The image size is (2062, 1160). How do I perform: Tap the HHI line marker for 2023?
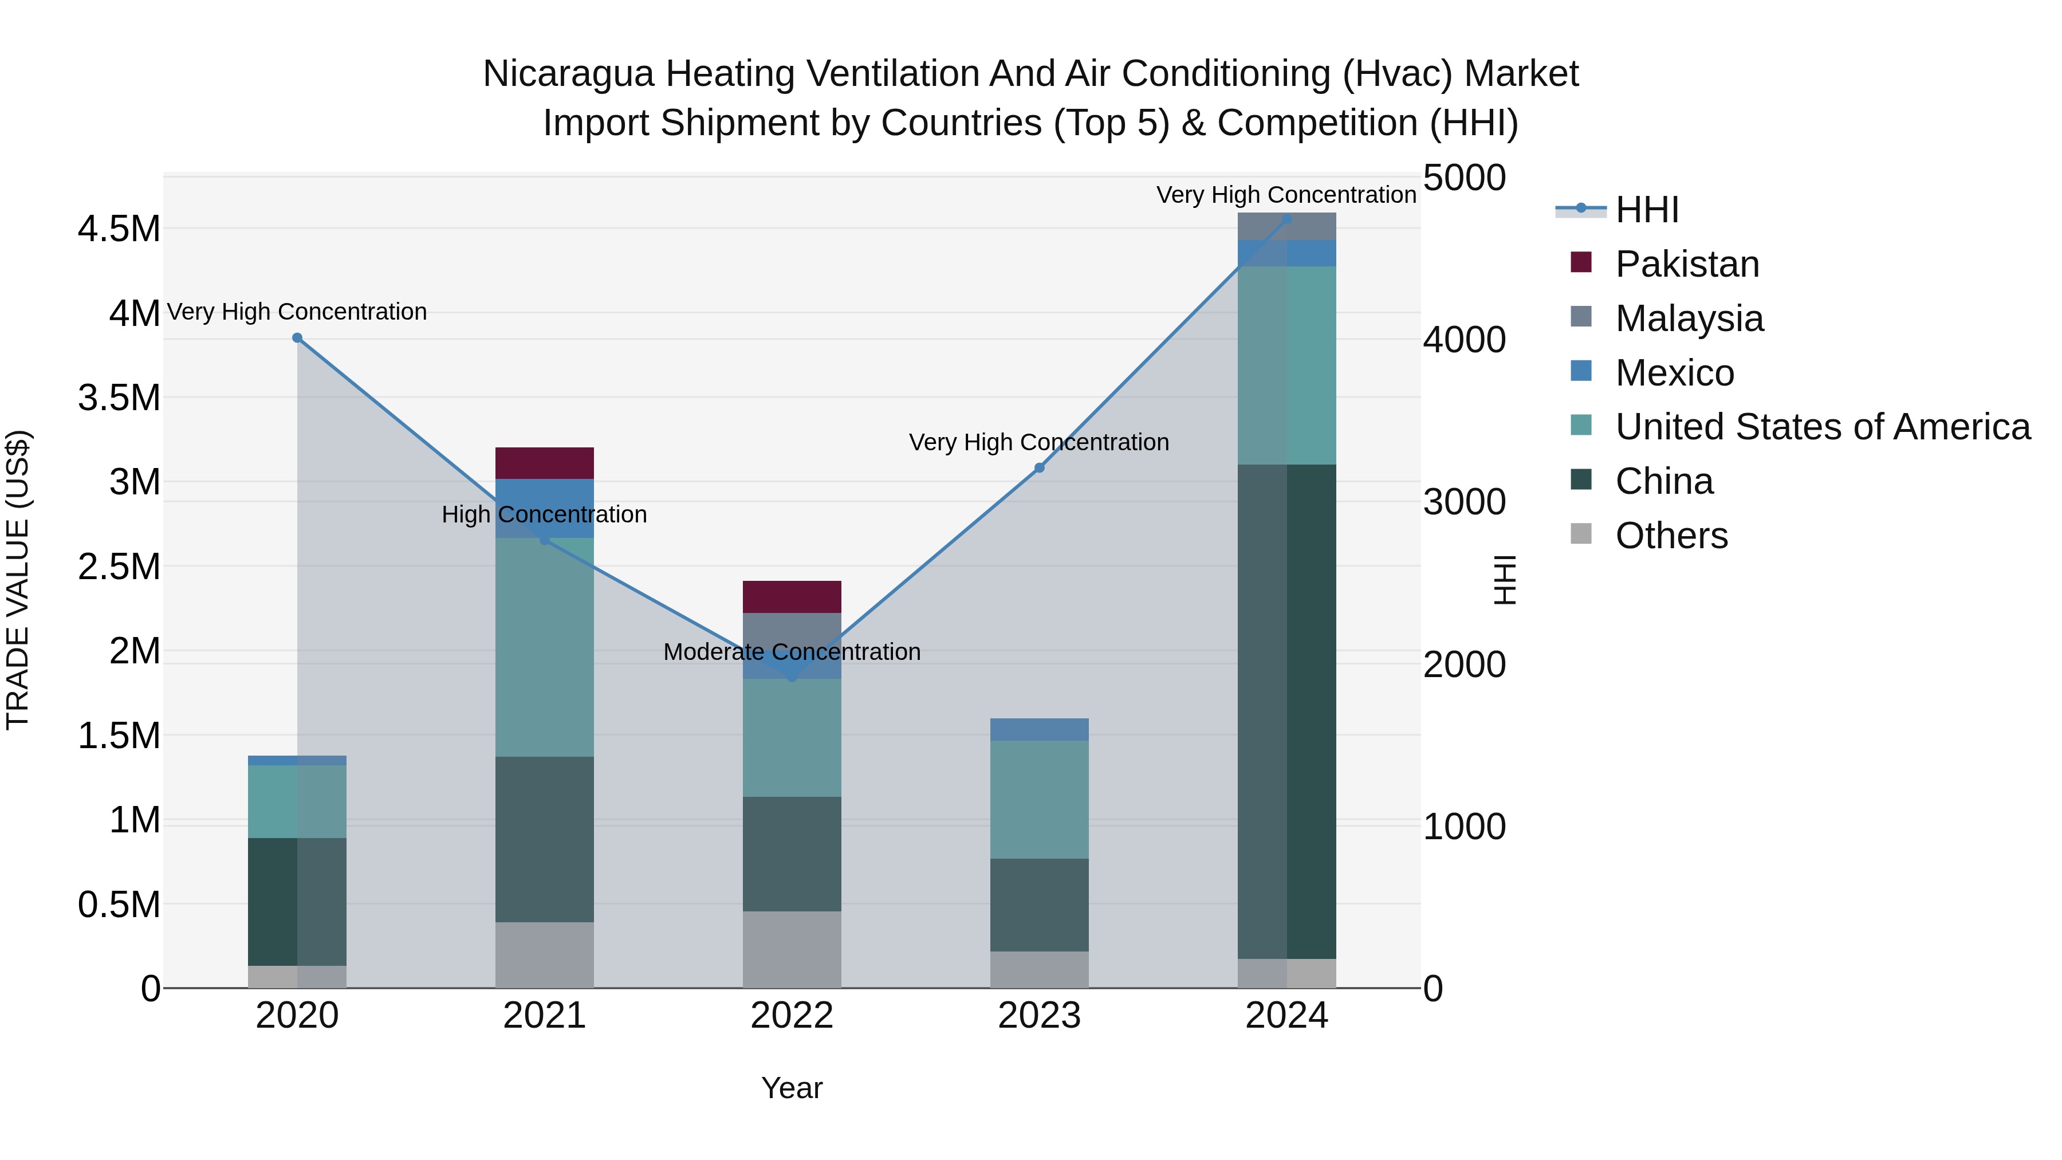(1039, 467)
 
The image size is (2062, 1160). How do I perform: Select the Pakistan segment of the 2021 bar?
(544, 463)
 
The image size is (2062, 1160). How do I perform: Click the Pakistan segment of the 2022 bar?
(792, 596)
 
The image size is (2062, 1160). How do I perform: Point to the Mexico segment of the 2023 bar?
(1039, 729)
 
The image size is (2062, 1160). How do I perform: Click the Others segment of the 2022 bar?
(792, 949)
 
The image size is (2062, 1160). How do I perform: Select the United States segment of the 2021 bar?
(544, 647)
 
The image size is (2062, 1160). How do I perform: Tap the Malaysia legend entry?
(1689, 318)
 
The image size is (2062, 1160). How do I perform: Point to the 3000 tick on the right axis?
(1464, 503)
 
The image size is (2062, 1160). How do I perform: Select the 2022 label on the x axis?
(792, 1016)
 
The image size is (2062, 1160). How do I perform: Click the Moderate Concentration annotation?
(792, 652)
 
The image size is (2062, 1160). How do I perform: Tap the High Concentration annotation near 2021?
(544, 515)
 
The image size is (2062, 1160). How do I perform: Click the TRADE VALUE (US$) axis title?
(18, 580)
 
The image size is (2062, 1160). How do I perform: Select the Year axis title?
(792, 1088)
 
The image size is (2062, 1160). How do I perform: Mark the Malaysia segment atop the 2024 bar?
(1286, 226)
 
